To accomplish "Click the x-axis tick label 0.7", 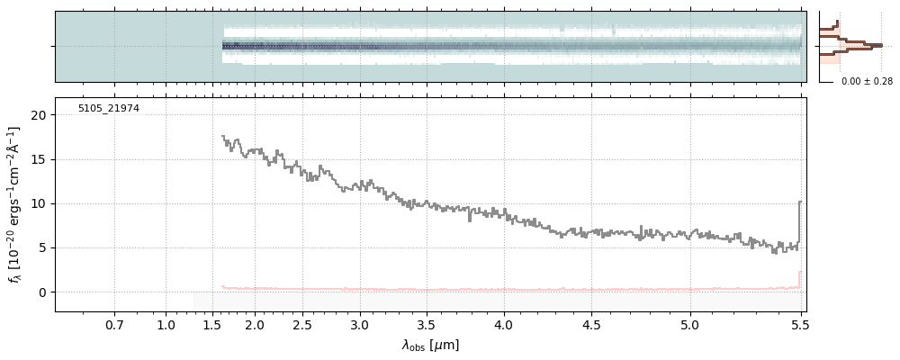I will point(114,324).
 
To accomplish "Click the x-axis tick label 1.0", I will point(166,324).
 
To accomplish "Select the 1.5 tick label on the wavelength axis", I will point(211,324).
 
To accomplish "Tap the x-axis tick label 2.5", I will point(302,324).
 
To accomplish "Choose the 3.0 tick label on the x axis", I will point(360,324).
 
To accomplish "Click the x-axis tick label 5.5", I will point(800,324).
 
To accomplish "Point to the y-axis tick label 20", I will point(38,115).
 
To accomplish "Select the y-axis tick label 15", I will point(38,159).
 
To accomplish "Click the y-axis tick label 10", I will point(38,203).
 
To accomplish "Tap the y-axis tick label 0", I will point(41,292).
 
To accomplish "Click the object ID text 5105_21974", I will point(108,109).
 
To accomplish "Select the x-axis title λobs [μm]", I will point(430,345).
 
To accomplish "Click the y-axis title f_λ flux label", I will point(13,204).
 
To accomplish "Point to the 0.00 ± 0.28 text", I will point(867,82).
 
